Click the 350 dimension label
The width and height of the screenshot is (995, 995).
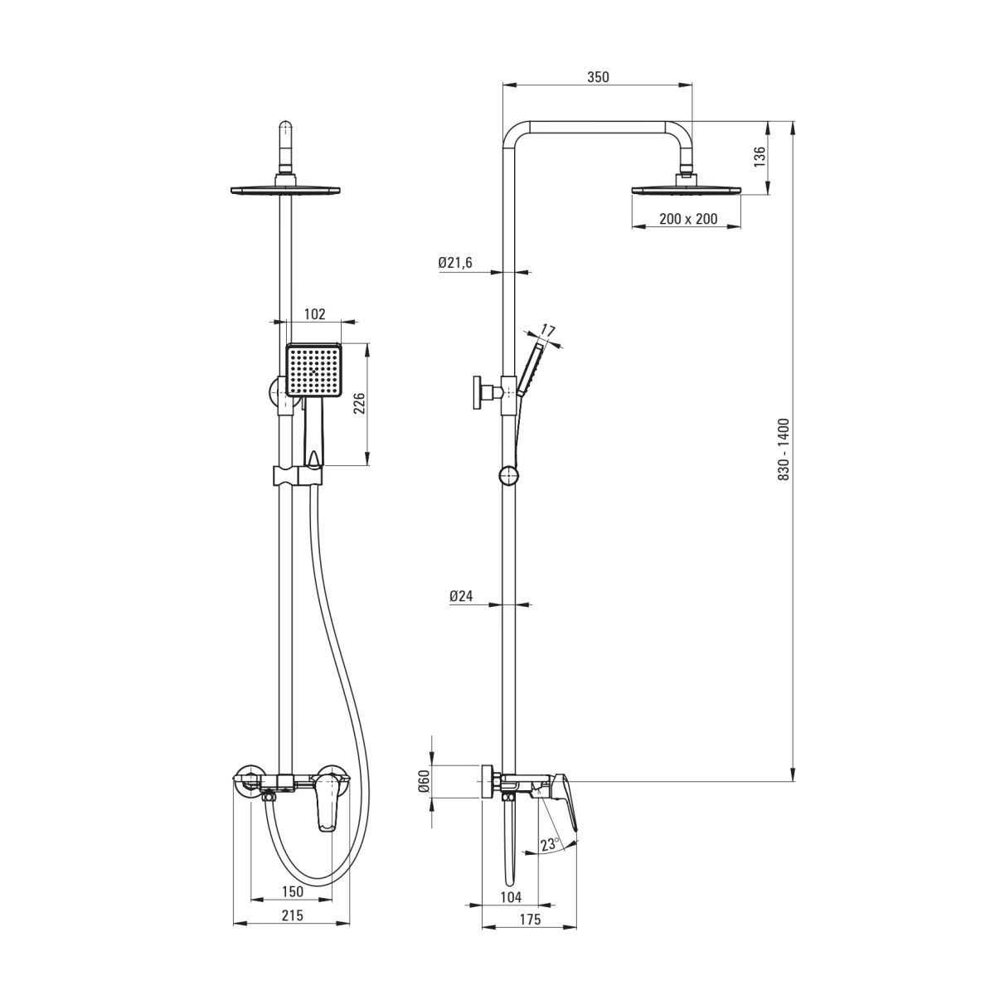[x=598, y=77]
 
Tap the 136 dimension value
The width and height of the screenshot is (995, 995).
[x=760, y=157]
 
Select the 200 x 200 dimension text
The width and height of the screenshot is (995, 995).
[x=687, y=219]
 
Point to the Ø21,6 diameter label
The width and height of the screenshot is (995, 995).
[x=455, y=263]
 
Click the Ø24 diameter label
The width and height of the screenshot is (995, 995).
[x=461, y=596]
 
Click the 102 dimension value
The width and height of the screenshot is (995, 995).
[x=314, y=314]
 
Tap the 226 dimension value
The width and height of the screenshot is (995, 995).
[x=359, y=403]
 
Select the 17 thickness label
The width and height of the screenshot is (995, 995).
[x=547, y=330]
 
